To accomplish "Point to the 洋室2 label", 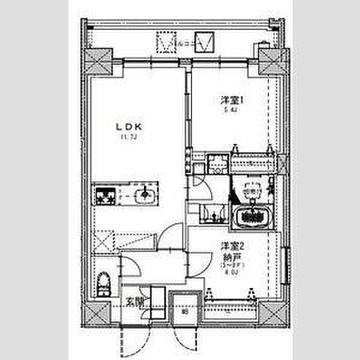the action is tap(232, 245).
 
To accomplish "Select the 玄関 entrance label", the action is tap(134, 302).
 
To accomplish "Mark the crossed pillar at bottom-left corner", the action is tap(96, 313).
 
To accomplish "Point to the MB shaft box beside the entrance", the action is tap(185, 311).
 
